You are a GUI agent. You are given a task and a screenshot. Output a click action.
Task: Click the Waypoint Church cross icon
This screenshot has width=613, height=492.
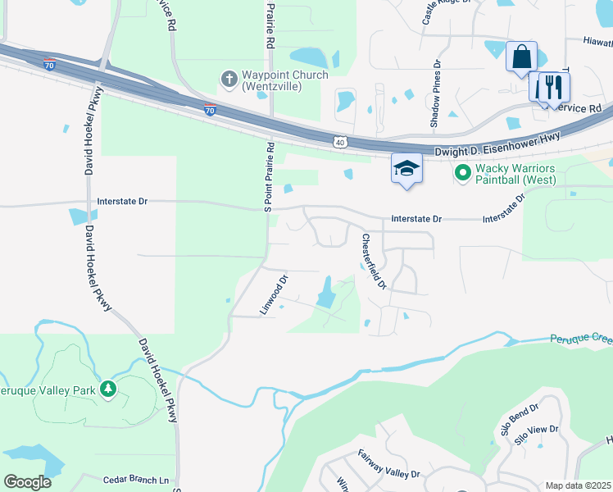(x=229, y=80)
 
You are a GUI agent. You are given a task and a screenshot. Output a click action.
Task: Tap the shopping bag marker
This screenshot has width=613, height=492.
(x=521, y=57)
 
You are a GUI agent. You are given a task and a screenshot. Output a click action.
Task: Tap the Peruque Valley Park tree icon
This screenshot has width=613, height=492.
(x=107, y=389)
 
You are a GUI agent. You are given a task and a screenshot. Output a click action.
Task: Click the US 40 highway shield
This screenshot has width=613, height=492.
(x=340, y=143)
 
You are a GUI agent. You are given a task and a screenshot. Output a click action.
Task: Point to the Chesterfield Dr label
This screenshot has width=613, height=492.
(x=374, y=261)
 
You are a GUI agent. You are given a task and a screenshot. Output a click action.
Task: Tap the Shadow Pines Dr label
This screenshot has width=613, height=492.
(x=436, y=93)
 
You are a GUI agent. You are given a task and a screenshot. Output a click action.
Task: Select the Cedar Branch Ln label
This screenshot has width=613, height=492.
(x=141, y=480)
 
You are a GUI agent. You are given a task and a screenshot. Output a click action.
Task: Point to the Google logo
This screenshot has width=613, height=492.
(x=27, y=482)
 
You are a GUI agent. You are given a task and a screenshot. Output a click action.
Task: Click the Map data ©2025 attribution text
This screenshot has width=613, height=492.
(x=578, y=485)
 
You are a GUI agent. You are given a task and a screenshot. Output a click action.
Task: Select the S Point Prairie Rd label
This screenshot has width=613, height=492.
(x=267, y=176)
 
